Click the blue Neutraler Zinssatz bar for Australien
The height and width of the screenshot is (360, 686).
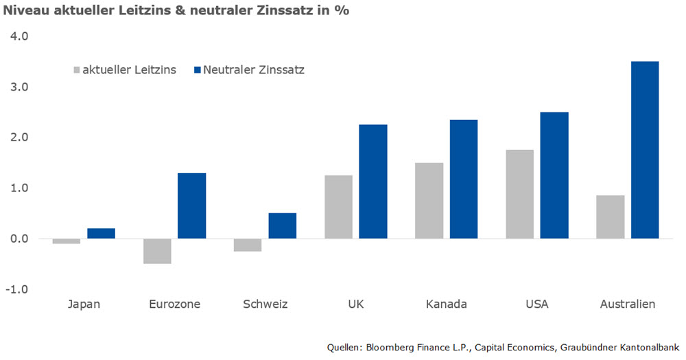(x=645, y=150)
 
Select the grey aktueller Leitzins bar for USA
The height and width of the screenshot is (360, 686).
(x=520, y=194)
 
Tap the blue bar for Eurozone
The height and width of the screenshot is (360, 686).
(x=191, y=206)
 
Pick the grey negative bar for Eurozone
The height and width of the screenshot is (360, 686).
(x=157, y=251)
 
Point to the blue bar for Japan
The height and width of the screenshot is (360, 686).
(x=101, y=233)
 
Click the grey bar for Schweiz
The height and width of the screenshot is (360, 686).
(x=248, y=245)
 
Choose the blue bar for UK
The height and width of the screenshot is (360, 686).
(x=373, y=182)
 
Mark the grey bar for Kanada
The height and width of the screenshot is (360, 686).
(x=429, y=200)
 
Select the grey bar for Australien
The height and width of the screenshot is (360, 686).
(x=611, y=217)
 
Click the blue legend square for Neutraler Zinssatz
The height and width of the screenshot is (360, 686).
(x=198, y=70)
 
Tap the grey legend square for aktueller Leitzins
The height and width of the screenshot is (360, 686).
(x=75, y=70)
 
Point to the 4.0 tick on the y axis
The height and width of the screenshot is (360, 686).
(x=19, y=36)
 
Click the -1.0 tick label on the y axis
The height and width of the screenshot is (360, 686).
(x=17, y=289)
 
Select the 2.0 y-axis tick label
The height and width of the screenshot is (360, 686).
(x=19, y=138)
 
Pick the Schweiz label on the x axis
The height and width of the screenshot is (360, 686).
(x=265, y=304)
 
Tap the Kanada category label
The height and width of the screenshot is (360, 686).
(x=447, y=304)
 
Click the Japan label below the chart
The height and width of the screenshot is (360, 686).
(x=84, y=304)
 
